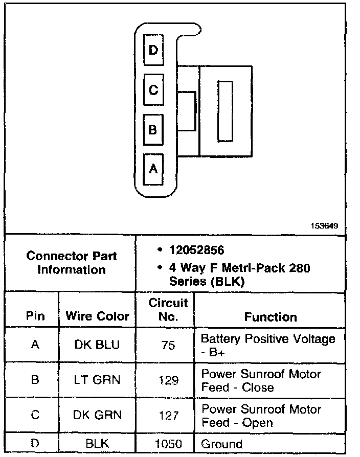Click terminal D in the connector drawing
(153, 50)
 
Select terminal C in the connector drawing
(153, 90)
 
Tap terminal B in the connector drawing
(153, 129)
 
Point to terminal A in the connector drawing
(153, 169)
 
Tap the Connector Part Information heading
(71, 262)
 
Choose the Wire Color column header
(97, 316)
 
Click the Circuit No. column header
(168, 309)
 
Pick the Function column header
(271, 317)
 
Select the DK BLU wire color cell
(97, 345)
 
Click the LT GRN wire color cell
(97, 380)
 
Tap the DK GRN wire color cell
(97, 415)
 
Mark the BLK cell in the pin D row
(97, 444)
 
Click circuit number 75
(168, 346)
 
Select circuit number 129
(168, 380)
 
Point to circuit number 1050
(168, 444)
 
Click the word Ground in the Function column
(221, 444)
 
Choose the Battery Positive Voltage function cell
(268, 345)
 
